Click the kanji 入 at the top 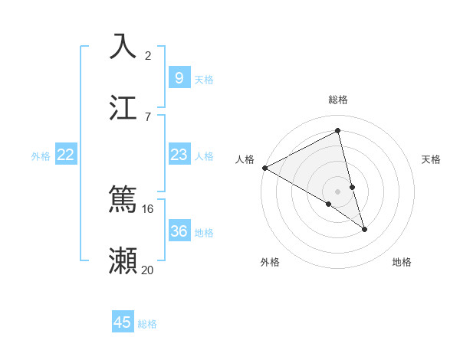[x=123, y=47]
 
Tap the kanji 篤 [x=123, y=201]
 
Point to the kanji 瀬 [x=123, y=260]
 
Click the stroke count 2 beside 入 [x=148, y=56]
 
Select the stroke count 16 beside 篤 [x=148, y=209]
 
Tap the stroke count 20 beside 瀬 [x=148, y=270]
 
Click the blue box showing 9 [x=179, y=77]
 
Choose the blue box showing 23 [x=179, y=155]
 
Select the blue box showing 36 [x=179, y=231]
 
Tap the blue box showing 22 [x=66, y=155]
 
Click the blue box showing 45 [x=123, y=322]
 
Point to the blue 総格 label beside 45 [x=147, y=324]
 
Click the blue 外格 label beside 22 [x=41, y=156]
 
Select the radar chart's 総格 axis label [x=338, y=100]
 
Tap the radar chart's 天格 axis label [x=432, y=159]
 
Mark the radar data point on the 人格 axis [x=264, y=167]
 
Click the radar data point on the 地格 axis [x=364, y=229]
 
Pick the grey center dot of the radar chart [x=337, y=191]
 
